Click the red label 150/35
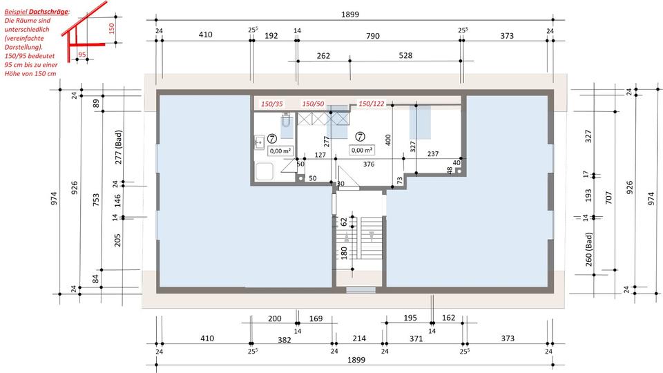click(x=272, y=104)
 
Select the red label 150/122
click(x=372, y=104)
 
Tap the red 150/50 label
click(x=314, y=104)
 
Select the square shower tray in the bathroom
click(x=264, y=172)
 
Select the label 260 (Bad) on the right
click(x=588, y=250)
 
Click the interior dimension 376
click(x=368, y=164)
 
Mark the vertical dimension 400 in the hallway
click(x=388, y=140)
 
